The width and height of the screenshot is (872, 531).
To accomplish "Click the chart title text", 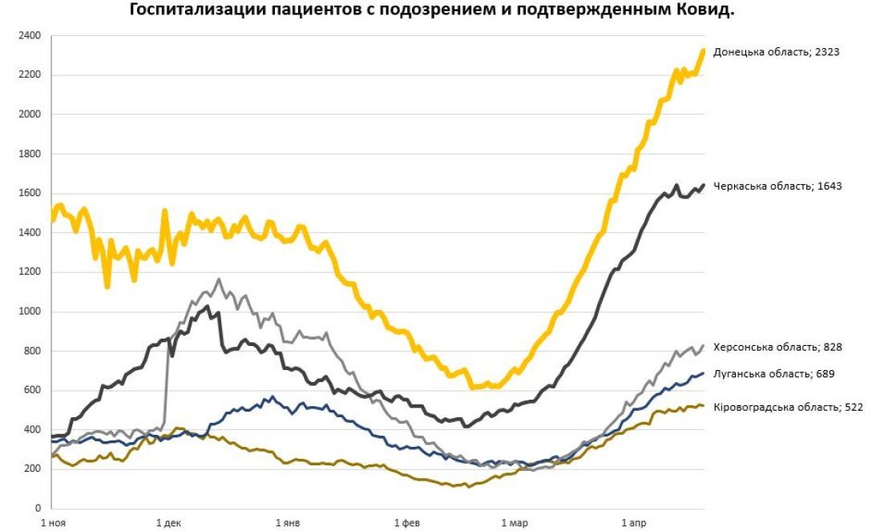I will (x=432, y=10).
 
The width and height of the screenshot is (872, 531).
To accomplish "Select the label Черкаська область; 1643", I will (x=777, y=186).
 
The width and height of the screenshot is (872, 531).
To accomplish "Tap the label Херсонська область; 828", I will (x=777, y=348).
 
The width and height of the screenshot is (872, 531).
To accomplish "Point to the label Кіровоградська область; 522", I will (x=788, y=408).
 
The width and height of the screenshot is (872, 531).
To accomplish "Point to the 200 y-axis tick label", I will (x=31, y=469).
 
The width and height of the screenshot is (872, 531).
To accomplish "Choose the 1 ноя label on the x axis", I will (x=53, y=524).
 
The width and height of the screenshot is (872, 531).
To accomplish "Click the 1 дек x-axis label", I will (x=170, y=524).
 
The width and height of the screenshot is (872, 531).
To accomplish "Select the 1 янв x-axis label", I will (x=288, y=524).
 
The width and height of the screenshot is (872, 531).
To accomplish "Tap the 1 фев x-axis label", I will (x=406, y=524).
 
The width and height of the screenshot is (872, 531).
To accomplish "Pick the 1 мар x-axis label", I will (x=514, y=524).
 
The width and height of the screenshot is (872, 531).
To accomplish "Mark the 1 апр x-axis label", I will (x=632, y=524).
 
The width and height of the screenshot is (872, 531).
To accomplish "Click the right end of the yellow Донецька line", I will (x=703, y=51).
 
